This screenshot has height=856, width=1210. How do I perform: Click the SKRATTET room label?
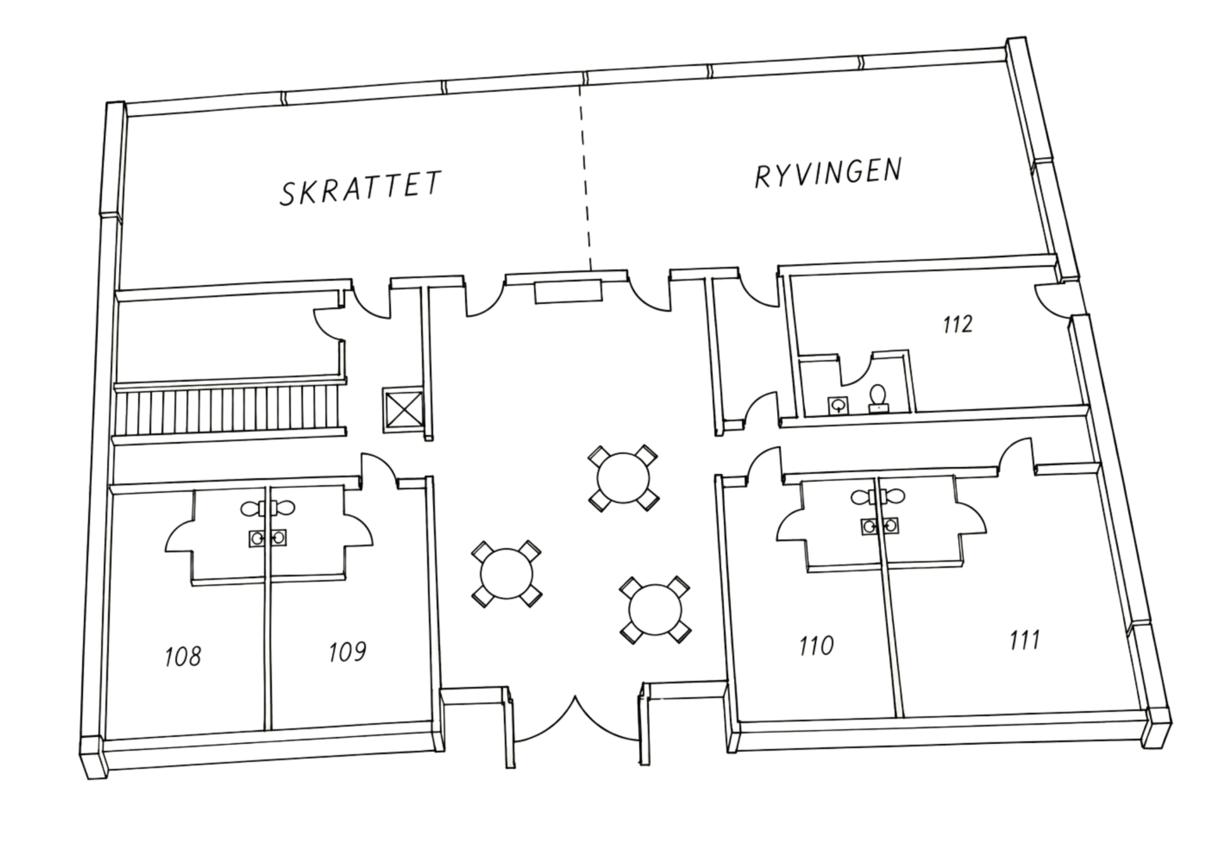tap(360, 187)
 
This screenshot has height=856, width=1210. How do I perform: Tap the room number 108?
tap(183, 656)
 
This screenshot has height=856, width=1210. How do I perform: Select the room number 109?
tap(347, 652)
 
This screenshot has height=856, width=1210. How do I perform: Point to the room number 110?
tap(816, 645)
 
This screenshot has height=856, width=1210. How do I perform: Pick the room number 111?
tap(1024, 640)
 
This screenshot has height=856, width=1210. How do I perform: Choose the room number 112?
tap(958, 324)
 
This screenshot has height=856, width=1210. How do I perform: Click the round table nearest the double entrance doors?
tap(655, 610)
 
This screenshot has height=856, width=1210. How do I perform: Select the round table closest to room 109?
tap(507, 574)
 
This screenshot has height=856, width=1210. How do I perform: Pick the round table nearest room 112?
tap(623, 478)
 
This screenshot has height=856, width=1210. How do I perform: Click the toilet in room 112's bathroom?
tap(878, 398)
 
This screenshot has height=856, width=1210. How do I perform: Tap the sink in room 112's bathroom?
tap(838, 405)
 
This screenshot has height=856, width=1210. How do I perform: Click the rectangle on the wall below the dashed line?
tap(568, 292)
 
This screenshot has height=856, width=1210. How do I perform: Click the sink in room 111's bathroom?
tap(890, 525)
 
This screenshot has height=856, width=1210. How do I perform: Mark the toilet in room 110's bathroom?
tap(863, 498)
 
